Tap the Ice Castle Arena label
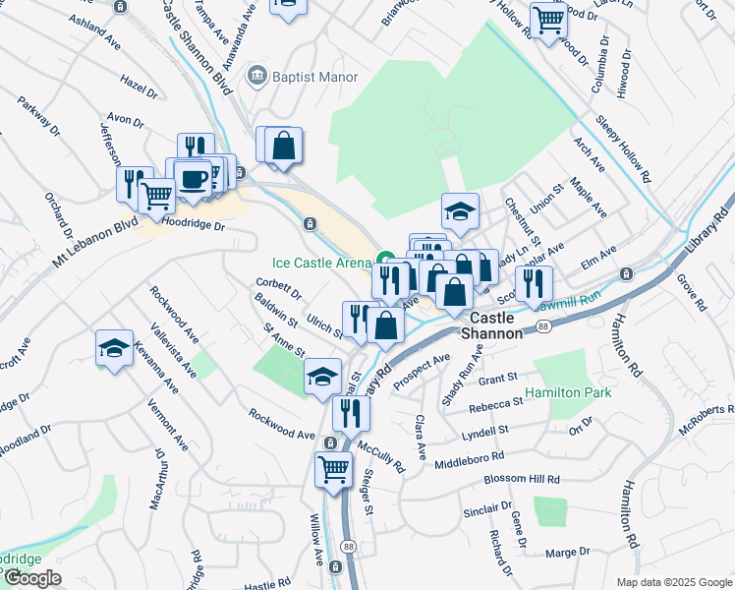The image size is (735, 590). tap(321, 263)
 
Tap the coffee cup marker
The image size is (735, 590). tap(193, 177)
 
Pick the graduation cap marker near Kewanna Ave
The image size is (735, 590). tap(114, 347)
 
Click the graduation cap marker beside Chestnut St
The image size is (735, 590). tap(459, 208)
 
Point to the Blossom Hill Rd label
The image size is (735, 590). tap(522, 480)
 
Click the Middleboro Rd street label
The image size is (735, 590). tap(469, 457)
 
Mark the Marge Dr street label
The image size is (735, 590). tap(567, 553)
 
